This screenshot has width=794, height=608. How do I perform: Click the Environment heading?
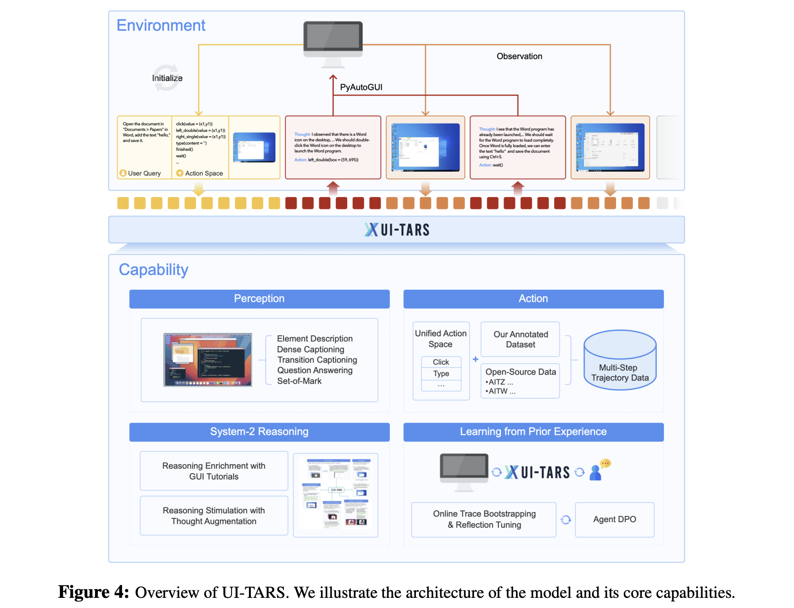(161, 25)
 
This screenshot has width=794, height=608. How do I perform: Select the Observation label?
(519, 56)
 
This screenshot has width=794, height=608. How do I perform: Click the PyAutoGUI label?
(361, 87)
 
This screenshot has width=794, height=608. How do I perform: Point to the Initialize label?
(167, 78)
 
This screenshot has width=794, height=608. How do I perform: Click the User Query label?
(144, 173)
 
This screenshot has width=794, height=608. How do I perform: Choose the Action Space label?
(204, 173)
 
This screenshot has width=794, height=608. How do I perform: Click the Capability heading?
(154, 270)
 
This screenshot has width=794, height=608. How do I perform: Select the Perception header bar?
(259, 299)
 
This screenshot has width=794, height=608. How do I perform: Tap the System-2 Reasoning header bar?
(259, 432)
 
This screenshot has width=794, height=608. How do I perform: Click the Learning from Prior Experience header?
(533, 432)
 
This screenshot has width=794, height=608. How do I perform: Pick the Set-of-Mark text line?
(299, 381)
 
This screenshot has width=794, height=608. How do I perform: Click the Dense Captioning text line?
(310, 350)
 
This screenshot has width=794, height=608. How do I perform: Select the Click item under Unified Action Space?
(441, 362)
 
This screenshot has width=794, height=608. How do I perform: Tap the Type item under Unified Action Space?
(441, 374)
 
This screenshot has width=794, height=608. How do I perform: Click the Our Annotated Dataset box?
(520, 340)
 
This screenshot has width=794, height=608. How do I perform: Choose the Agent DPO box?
(614, 519)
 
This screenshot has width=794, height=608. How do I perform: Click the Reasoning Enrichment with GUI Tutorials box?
(214, 471)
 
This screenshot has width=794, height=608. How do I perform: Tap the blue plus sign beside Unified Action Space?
(475, 359)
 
